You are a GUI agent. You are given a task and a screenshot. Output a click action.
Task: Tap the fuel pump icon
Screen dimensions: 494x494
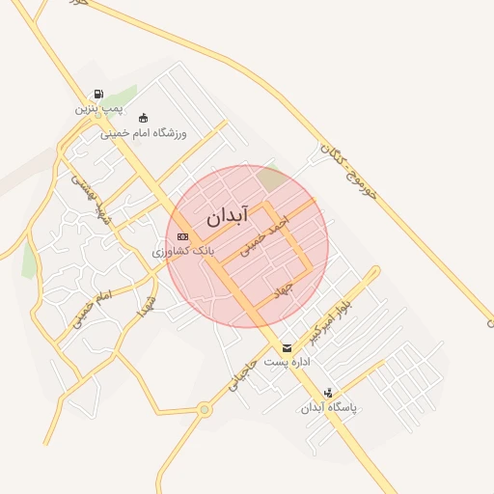[x=97, y=95]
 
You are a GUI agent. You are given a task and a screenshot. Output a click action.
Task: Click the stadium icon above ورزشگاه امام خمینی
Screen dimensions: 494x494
[x=144, y=118]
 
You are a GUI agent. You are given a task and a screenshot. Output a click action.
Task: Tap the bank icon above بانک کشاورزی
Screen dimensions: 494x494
[x=183, y=236]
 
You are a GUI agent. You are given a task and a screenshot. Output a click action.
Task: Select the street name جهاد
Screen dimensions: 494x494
[x=282, y=288]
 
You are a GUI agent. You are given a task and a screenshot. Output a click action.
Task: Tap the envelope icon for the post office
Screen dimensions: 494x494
[x=287, y=347]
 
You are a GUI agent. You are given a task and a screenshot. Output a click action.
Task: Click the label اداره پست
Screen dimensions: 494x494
[x=287, y=362]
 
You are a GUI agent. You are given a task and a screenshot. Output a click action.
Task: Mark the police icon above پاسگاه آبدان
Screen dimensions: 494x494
[x=329, y=393]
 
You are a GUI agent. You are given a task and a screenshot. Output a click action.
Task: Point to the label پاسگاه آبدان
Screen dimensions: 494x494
[x=329, y=407]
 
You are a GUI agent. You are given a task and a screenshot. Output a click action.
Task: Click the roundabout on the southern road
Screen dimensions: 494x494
[x=204, y=409]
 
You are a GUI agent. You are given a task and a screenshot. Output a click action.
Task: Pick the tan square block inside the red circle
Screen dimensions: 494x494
[x=271, y=178]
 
